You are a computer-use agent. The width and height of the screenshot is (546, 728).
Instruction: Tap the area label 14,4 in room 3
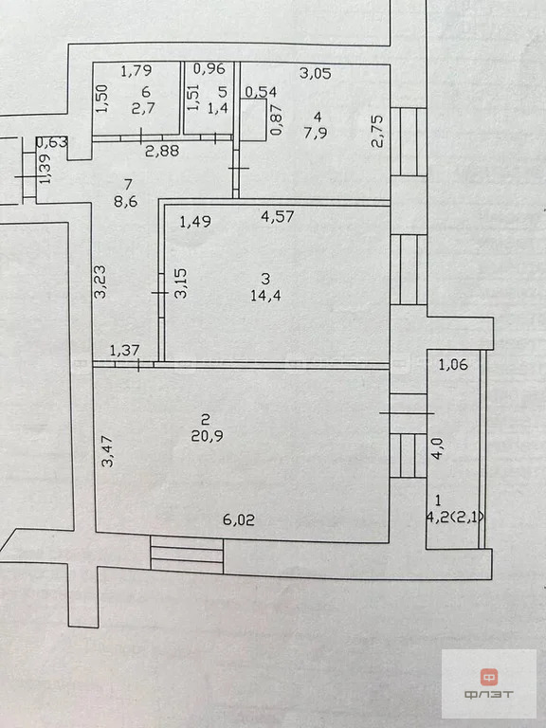[266, 294]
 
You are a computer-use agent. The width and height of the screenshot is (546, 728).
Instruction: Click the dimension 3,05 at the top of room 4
[315, 72]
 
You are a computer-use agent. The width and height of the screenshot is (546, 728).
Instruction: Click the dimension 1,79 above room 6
[137, 69]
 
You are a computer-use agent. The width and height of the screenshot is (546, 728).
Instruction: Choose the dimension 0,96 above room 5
[209, 69]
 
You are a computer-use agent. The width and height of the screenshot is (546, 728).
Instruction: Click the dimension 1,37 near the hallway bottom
[125, 352]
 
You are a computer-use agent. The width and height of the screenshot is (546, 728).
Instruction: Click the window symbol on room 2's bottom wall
[187, 555]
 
